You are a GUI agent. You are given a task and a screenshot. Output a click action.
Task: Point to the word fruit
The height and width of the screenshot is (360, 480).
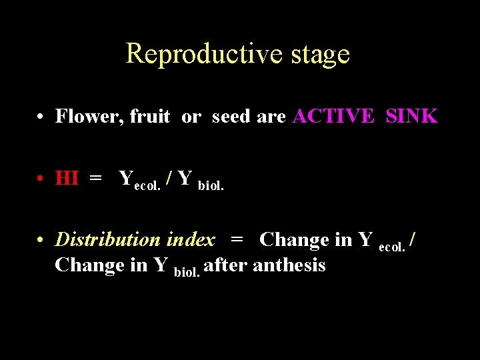(x=150, y=117)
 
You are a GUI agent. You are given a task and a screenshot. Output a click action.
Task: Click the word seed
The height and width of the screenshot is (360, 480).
(x=231, y=117)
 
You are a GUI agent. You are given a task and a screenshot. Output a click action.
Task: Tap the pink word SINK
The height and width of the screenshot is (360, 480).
(x=411, y=117)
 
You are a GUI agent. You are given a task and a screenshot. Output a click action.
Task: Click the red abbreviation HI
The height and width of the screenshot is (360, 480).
(x=67, y=179)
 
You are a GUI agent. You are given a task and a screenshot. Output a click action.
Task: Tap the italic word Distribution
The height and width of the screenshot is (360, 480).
(x=109, y=239)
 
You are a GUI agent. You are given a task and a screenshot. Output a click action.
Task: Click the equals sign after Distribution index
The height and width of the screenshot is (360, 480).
(x=237, y=239)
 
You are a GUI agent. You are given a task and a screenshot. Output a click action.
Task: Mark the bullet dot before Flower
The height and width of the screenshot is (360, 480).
(x=41, y=117)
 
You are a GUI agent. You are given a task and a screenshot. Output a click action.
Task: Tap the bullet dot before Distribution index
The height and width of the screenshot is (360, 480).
(x=41, y=240)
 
